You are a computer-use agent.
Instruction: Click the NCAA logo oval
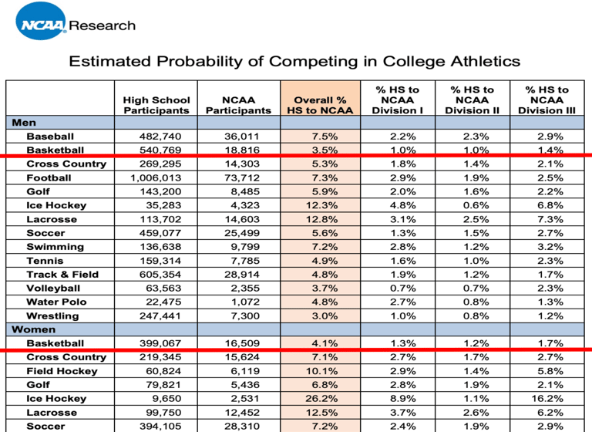coord(41,21)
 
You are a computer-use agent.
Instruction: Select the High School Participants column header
coord(156,105)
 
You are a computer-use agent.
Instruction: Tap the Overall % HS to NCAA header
coord(320,105)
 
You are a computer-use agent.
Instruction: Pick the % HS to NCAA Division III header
coord(547,100)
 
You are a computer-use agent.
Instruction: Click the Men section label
coord(24,123)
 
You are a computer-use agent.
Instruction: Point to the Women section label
coord(34,329)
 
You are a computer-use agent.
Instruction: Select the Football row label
coord(49,177)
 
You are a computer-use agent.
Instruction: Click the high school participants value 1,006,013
coord(156,177)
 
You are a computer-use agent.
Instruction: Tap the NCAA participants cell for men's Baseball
coord(242,136)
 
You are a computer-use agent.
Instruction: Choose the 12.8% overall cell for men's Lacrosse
coord(321,219)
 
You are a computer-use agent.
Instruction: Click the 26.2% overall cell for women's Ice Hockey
coord(321,398)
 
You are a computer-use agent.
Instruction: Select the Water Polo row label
coord(56,302)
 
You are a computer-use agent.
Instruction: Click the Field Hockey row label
coord(62,371)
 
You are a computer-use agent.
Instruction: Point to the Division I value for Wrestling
coord(403,316)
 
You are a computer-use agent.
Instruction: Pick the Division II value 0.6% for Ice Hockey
coord(476,205)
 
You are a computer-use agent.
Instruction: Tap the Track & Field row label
coord(62,274)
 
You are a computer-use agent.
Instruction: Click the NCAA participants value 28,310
coord(242,426)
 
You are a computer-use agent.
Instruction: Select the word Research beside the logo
coord(103,25)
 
